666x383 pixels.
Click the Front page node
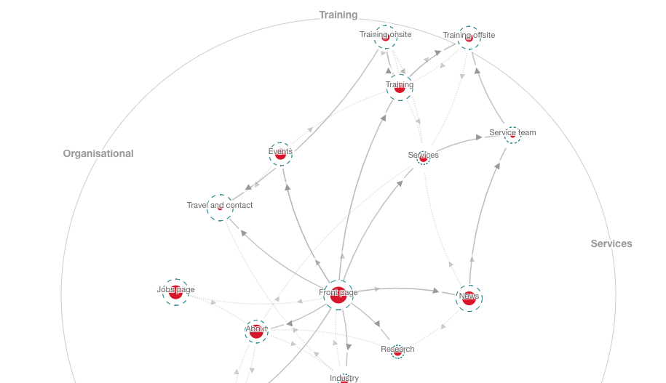click(x=338, y=294)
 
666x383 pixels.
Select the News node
click(x=469, y=297)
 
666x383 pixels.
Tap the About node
click(x=256, y=331)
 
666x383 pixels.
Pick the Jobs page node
click(x=175, y=291)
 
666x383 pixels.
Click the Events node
click(x=280, y=153)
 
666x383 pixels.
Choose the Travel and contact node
click(x=220, y=207)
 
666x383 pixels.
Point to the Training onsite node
click(x=386, y=36)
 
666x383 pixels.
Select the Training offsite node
click(x=469, y=37)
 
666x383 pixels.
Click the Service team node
click(x=512, y=134)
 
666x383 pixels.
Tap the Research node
click(x=397, y=351)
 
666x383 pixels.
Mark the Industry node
click(x=344, y=377)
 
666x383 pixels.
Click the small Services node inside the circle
click(x=424, y=157)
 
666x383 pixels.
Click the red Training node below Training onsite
click(x=400, y=86)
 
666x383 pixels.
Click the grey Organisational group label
click(x=98, y=153)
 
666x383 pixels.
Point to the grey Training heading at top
click(x=338, y=15)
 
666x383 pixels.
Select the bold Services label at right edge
click(x=611, y=243)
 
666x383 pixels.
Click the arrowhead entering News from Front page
click(x=435, y=291)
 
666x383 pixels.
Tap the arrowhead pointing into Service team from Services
click(x=478, y=137)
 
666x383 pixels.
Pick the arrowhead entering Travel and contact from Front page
click(x=245, y=233)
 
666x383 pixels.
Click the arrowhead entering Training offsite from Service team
click(x=477, y=71)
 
